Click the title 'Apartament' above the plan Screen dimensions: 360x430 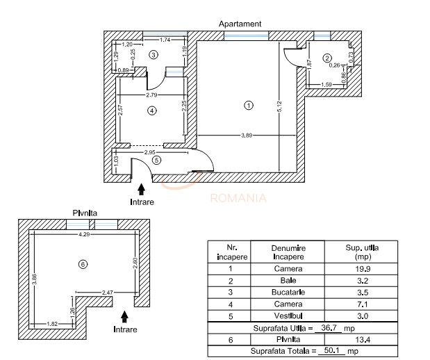(240, 24)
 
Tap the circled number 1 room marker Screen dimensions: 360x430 (248, 106)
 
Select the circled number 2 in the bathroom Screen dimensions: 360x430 (327, 58)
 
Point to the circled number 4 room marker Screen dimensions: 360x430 (151, 110)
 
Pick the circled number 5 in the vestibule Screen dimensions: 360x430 (156, 160)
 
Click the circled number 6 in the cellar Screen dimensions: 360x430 (83, 264)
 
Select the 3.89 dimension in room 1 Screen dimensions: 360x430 (247, 135)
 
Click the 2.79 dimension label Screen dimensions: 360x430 (152, 94)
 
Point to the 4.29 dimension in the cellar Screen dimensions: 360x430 (84, 235)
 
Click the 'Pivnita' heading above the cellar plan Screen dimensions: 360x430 (85, 213)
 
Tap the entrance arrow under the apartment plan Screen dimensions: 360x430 (141, 188)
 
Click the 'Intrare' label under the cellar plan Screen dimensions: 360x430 (126, 329)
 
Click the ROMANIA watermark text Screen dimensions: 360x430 (238, 198)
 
